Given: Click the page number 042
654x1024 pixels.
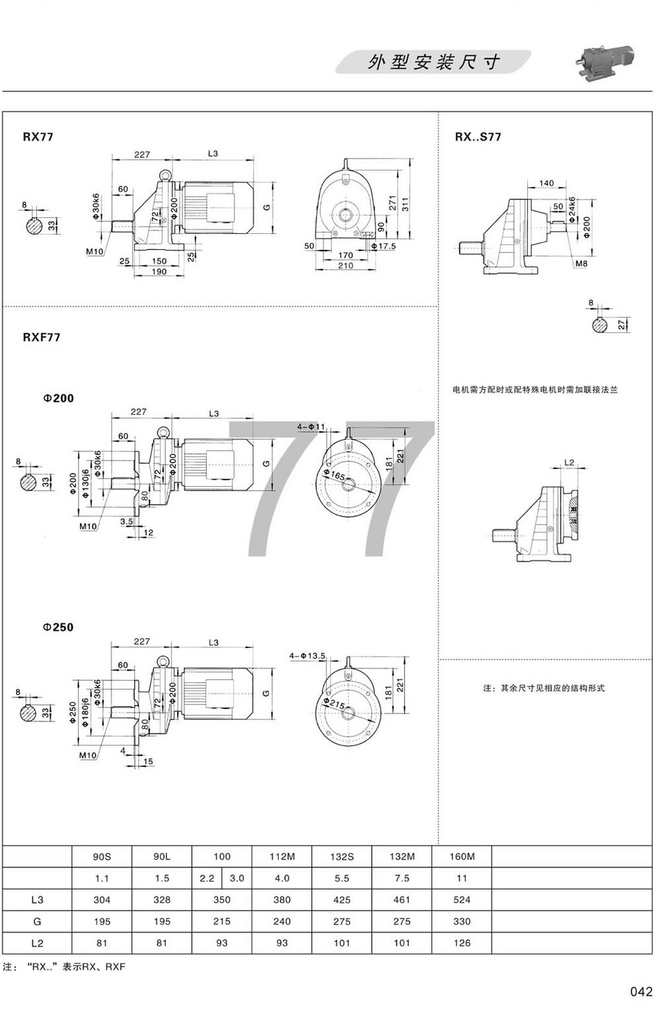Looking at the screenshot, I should pyautogui.click(x=640, y=991).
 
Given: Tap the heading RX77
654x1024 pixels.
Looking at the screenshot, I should pyautogui.click(x=38, y=137).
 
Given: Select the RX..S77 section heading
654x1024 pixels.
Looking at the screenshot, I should pyautogui.click(x=478, y=137).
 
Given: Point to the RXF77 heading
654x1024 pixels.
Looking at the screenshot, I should pyautogui.click(x=42, y=337).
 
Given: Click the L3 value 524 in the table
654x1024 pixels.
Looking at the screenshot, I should pyautogui.click(x=462, y=899).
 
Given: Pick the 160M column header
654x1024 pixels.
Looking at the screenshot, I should pyautogui.click(x=462, y=856).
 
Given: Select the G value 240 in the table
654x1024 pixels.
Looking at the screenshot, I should pyautogui.click(x=282, y=921).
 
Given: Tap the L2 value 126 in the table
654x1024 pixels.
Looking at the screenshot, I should pyautogui.click(x=462, y=943).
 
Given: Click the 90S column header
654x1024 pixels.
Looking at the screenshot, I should pyautogui.click(x=102, y=856).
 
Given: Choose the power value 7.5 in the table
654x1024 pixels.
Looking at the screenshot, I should pyautogui.click(x=401, y=878).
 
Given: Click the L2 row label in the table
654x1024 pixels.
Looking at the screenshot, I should pyautogui.click(x=37, y=943).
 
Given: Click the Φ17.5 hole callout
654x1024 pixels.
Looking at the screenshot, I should pyautogui.click(x=382, y=246).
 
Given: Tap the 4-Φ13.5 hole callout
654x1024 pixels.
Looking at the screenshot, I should pyautogui.click(x=308, y=655).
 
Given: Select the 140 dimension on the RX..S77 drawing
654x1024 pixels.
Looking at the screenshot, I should pyautogui.click(x=546, y=184).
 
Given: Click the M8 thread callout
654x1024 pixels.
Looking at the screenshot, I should pyautogui.click(x=581, y=264).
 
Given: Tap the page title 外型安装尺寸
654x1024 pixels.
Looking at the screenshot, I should pyautogui.click(x=433, y=63).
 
